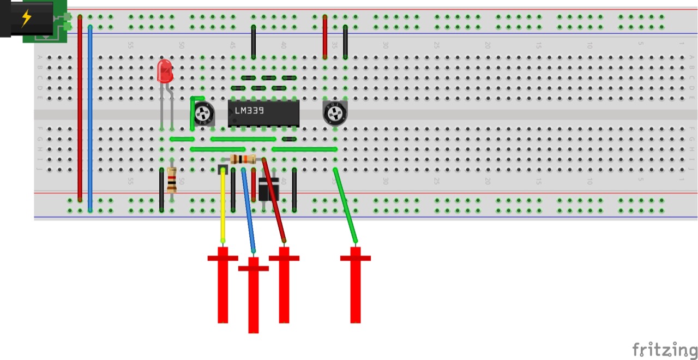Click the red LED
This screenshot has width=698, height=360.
tap(165, 71)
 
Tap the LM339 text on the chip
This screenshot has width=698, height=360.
tap(249, 111)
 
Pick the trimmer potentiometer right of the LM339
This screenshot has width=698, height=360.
tap(334, 113)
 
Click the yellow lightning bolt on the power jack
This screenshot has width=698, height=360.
tap(26, 18)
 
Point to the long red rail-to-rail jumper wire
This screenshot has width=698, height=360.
tap(80, 109)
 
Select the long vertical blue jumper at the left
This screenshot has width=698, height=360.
tap(90, 117)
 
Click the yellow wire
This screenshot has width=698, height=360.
tap(222, 207)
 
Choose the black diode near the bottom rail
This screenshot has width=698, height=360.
tap(268, 189)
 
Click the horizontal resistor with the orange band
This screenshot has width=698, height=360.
tap(243, 159)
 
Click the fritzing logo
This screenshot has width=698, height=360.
tap(664, 349)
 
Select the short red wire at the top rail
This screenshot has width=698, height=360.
tap(325, 37)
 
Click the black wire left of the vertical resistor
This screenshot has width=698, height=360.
tap(161, 190)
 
